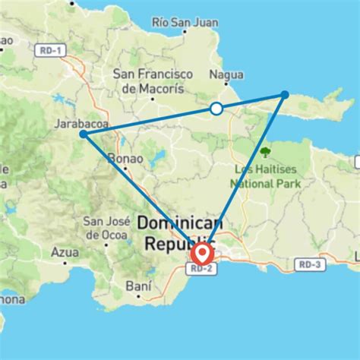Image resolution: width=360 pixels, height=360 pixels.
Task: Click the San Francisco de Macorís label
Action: pyautogui.click(x=149, y=81)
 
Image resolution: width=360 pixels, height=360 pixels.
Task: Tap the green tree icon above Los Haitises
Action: pyautogui.click(x=265, y=153)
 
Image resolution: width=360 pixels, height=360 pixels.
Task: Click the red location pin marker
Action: pyautogui.click(x=201, y=254)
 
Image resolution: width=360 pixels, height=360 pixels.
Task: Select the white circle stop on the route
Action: pyautogui.click(x=216, y=109)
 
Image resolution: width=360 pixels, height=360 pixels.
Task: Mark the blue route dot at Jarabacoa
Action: pyautogui.click(x=82, y=134)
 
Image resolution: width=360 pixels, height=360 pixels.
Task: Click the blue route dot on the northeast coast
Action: pyautogui.click(x=285, y=95)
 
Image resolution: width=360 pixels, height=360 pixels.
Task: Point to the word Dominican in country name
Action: pyautogui.click(x=180, y=223)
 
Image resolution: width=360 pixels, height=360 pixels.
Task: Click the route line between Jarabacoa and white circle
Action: pyautogui.click(x=148, y=122)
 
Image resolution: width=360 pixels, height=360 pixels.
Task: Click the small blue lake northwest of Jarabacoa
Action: pyautogui.click(x=59, y=99)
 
